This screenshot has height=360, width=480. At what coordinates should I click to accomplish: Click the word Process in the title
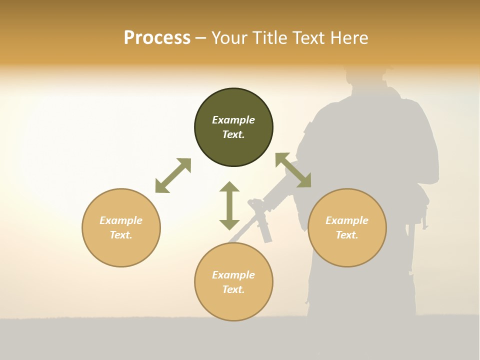[157, 38]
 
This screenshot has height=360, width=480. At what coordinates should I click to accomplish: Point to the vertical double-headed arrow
[229, 205]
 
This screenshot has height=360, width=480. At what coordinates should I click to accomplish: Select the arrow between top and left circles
[173, 175]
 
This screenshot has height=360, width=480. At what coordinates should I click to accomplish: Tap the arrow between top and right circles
[293, 170]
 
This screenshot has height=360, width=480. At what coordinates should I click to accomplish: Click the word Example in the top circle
[233, 120]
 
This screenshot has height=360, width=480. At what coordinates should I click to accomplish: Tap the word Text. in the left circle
[121, 235]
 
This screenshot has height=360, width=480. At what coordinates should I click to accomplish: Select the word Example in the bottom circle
[233, 275]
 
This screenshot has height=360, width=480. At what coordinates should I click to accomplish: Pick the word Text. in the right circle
[347, 235]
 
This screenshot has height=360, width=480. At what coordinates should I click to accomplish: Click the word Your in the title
[229, 38]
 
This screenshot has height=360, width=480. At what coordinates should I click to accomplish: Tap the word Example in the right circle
[347, 220]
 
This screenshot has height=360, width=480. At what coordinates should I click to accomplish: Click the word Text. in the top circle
[233, 134]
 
